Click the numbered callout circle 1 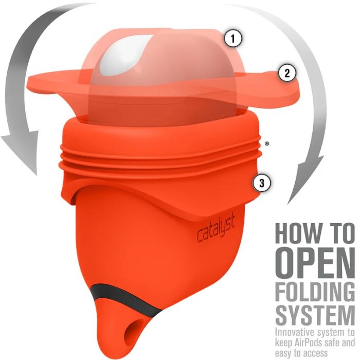(233, 39)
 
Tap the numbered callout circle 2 (287, 74)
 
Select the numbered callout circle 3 (262, 183)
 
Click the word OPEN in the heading (315, 263)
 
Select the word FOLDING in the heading (315, 292)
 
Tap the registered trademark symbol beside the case (266, 144)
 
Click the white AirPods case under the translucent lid (119, 60)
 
